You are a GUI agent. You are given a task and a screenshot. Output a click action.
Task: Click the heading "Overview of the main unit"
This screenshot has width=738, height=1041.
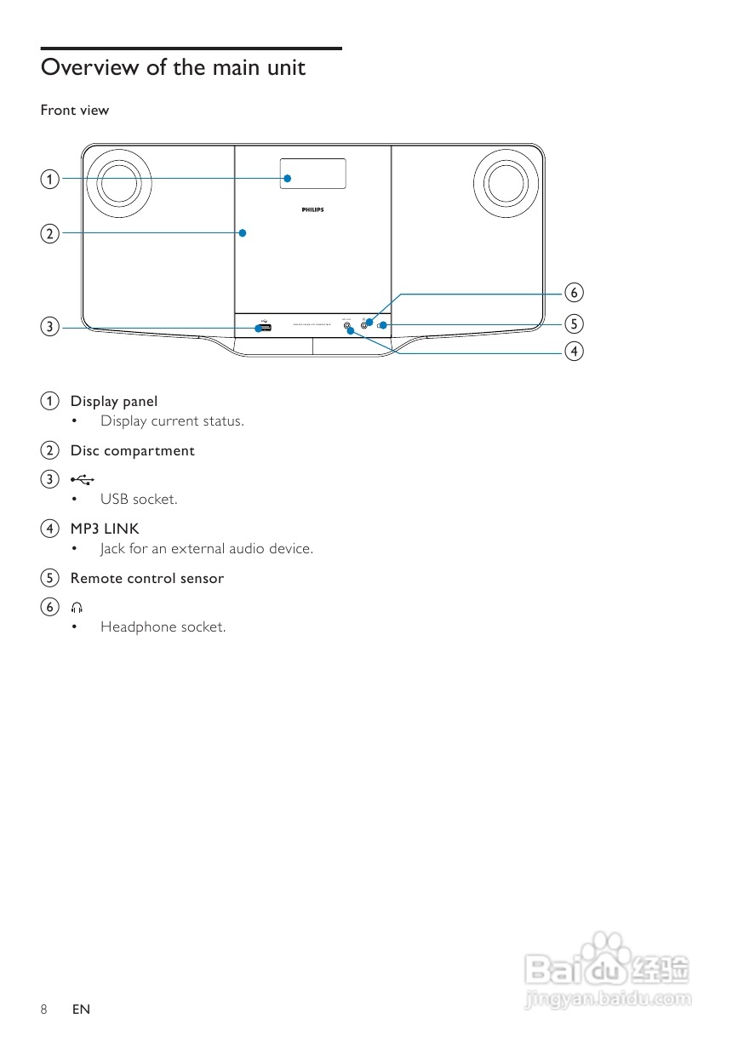[x=173, y=67]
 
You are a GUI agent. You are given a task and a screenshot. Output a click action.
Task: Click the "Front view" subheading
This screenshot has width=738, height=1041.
[x=75, y=110]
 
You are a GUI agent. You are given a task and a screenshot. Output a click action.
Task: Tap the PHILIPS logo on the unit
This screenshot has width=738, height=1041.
[x=313, y=209]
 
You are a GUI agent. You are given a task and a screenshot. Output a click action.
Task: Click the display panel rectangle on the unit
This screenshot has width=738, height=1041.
[x=313, y=174]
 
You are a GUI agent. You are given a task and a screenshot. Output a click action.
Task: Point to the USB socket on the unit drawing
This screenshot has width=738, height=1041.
[x=262, y=328]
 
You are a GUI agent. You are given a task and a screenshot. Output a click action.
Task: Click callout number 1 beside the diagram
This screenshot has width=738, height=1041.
[x=50, y=179]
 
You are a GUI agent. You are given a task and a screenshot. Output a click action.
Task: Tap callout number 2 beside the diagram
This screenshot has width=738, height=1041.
[x=50, y=232]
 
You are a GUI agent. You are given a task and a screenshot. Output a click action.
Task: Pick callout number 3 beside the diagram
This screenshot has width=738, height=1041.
[x=50, y=326]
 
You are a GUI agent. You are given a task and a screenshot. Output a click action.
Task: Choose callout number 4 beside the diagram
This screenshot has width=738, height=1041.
[x=575, y=351]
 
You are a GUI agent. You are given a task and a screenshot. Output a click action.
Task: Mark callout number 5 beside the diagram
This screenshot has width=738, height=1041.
[x=575, y=323]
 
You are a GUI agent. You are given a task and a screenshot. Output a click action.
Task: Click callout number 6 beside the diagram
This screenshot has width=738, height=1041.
[x=575, y=293]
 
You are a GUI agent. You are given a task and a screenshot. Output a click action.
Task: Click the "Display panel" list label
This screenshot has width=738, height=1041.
[x=114, y=401]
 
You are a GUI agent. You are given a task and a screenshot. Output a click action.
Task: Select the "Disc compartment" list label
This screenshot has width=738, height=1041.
[x=132, y=450]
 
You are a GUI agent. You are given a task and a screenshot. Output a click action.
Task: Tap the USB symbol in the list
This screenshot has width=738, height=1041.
[x=83, y=479]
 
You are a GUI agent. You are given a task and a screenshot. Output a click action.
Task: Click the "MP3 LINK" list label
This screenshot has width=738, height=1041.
[x=105, y=529]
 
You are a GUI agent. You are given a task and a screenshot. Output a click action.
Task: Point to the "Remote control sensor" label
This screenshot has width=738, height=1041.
[x=147, y=578]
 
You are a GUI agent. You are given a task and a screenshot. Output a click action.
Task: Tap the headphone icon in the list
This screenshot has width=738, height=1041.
[x=77, y=607]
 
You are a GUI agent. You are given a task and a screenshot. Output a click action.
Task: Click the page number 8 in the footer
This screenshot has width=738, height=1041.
[x=43, y=1010]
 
